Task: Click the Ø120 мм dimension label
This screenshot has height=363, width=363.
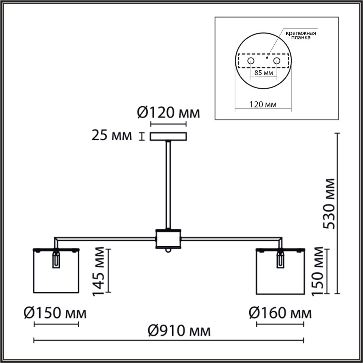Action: pyautogui.click(x=168, y=112)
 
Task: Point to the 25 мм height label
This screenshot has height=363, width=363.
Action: pyautogui.click(x=112, y=136)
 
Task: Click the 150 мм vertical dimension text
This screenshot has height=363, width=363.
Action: pyautogui.click(x=318, y=271)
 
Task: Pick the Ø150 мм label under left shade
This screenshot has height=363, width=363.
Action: pyautogui.click(x=55, y=313)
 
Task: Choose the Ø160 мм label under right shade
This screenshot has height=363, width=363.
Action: pyautogui.click(x=280, y=313)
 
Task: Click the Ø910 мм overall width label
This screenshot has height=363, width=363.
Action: pyautogui.click(x=179, y=331)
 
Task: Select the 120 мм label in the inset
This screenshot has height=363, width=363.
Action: pyautogui.click(x=263, y=104)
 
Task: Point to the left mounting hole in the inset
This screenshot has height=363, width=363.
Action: pyautogui.click(x=250, y=61)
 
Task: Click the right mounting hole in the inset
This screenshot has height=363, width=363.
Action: pyautogui.click(x=277, y=61)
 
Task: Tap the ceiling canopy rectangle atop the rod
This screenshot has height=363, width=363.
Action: pyautogui.click(x=168, y=136)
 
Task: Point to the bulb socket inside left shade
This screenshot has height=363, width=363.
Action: pyautogui.click(x=57, y=259)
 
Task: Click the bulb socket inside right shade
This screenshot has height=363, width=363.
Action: pyautogui.click(x=280, y=259)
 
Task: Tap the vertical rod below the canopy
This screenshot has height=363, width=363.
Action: pyautogui.click(x=168, y=183)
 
